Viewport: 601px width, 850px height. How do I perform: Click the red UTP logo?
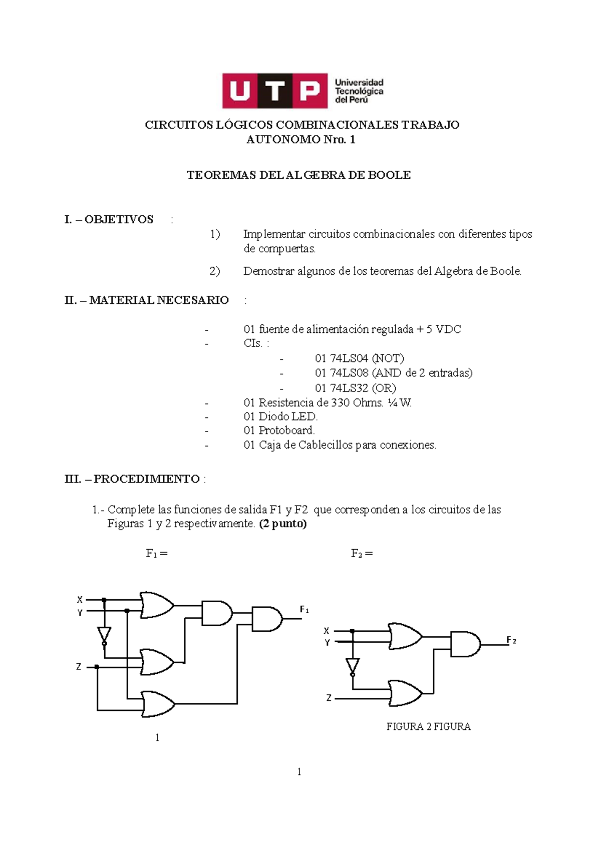pos(274,91)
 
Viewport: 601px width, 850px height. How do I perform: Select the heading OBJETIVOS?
pos(119,220)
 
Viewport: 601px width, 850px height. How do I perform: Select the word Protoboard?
pos(286,431)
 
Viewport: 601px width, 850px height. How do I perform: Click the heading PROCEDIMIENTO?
pos(146,479)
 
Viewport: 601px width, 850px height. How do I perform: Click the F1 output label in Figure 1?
pos(304,610)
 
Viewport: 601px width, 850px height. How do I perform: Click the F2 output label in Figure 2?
pos(511,640)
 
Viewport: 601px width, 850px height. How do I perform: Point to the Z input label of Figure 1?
pos(79,667)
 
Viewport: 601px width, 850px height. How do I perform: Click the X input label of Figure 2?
pos(327,631)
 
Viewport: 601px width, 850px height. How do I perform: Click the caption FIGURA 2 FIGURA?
pos(428,727)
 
